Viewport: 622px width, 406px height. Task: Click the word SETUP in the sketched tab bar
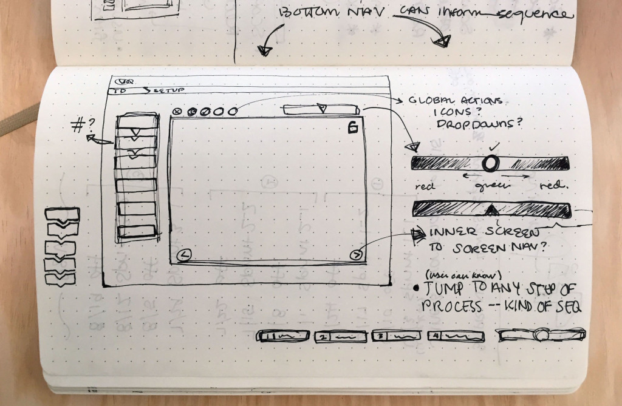pyautogui.click(x=162, y=92)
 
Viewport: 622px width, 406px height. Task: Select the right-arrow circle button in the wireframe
pyautogui.click(x=357, y=255)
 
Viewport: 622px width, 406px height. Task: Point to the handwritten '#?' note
pyautogui.click(x=84, y=126)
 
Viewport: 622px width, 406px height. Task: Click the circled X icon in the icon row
pyautogui.click(x=177, y=112)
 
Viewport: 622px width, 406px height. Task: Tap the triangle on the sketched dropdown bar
pyautogui.click(x=322, y=109)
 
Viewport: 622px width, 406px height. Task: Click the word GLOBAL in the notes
pyautogui.click(x=432, y=101)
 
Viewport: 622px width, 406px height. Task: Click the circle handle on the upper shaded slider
pyautogui.click(x=491, y=163)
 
